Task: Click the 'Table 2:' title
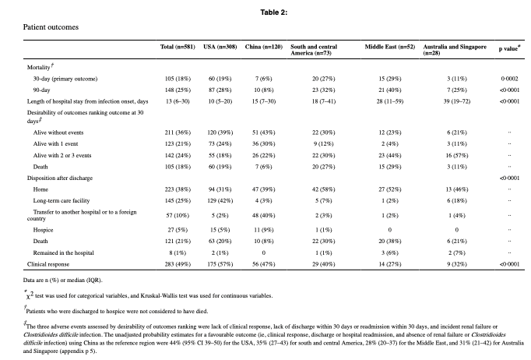pos(273,12)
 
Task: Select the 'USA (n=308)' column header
pos(220,47)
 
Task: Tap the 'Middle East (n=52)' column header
pos(390,47)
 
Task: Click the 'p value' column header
pos(509,48)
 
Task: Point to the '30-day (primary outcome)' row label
pos(65,79)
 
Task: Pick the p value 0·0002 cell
pos(509,79)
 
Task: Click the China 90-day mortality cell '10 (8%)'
pos(264,90)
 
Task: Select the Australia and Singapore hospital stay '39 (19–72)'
pos(457,101)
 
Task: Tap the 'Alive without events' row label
pos(58,132)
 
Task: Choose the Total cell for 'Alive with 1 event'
pos(178,143)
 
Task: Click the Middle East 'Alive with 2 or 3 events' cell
pos(390,155)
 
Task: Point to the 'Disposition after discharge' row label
pos(60,178)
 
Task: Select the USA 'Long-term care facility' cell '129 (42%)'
pos(220,201)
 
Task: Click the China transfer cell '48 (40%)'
pos(264,215)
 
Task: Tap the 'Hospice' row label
pos(44,230)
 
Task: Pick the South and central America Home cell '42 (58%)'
pos(323,189)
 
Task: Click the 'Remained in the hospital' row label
pos(63,253)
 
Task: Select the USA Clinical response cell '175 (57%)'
pos(220,264)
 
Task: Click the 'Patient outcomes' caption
pos(51,27)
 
